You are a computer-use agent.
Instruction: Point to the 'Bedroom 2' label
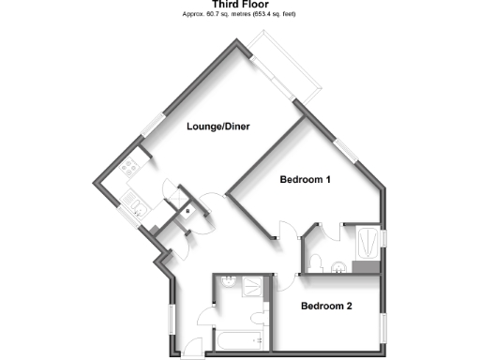coord(325,307)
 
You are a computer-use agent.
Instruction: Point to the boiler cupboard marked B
coord(187,212)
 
